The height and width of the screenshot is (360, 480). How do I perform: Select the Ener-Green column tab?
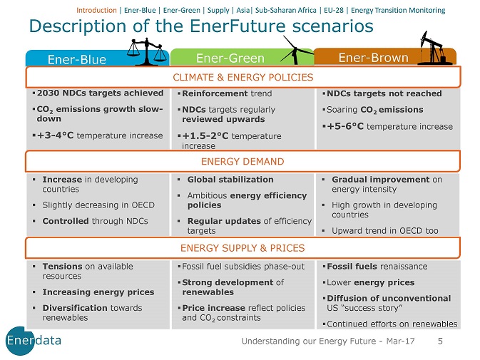pyautogui.click(x=230, y=58)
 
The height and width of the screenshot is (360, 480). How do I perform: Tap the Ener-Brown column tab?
pyautogui.click(x=374, y=57)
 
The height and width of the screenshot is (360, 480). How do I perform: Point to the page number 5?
pyautogui.click(x=439, y=341)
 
